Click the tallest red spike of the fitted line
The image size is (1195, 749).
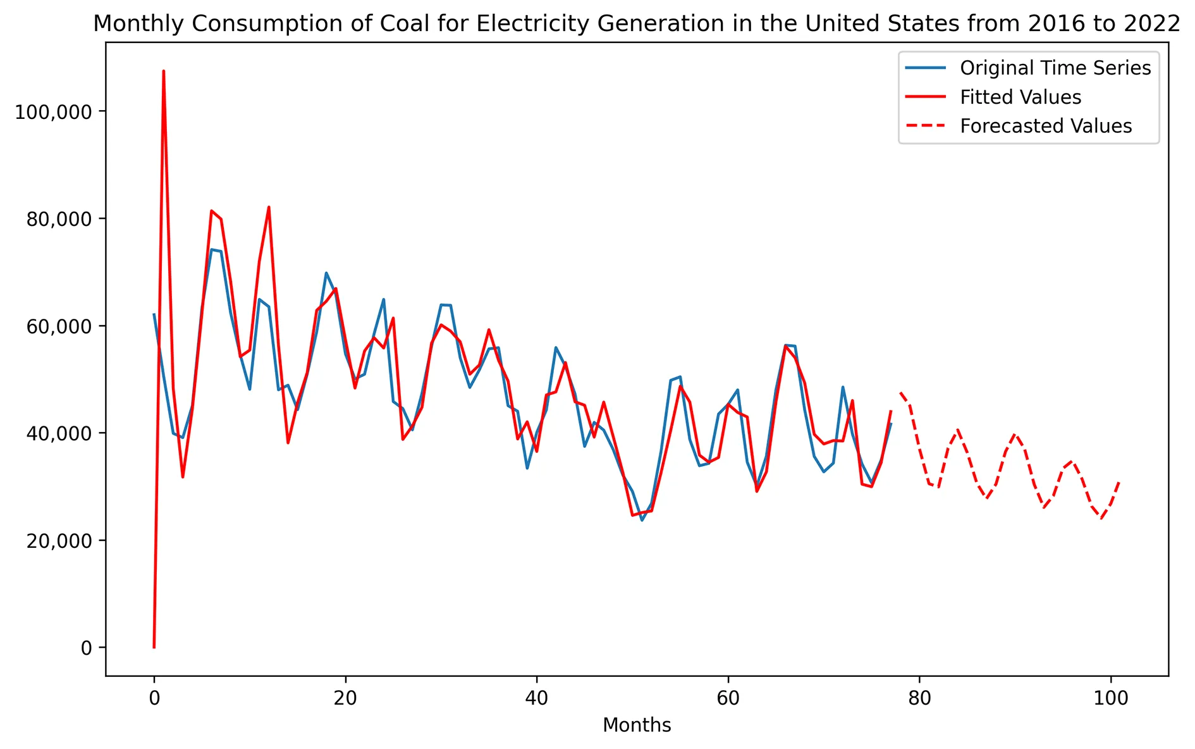tap(164, 71)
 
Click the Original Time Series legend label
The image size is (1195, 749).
tap(1055, 68)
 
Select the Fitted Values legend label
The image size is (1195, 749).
tap(1020, 97)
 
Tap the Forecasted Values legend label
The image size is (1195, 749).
tap(1045, 126)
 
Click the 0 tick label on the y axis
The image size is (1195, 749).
tap(86, 648)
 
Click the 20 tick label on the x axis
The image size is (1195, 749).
tap(345, 698)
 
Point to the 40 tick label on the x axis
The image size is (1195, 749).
tap(536, 698)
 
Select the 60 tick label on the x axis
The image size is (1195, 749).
tap(728, 698)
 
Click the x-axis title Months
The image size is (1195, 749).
tap(637, 725)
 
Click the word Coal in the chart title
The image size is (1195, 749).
tap(401, 23)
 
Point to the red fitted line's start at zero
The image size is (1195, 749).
tap(154, 647)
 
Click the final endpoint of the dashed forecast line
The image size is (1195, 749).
tap(1120, 481)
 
